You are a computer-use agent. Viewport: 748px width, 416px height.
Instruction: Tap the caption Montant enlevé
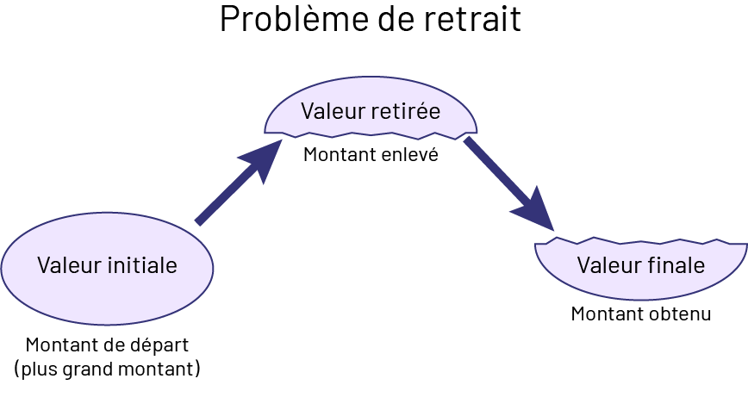(371, 156)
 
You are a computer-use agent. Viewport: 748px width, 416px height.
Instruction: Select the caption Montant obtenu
(641, 314)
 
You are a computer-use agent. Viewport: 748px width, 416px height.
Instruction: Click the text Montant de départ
(107, 345)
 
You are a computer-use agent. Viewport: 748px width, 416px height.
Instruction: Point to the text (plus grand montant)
(107, 369)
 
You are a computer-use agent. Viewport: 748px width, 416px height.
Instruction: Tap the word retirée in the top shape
(405, 112)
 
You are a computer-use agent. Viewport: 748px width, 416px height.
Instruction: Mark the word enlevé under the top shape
(410, 156)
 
